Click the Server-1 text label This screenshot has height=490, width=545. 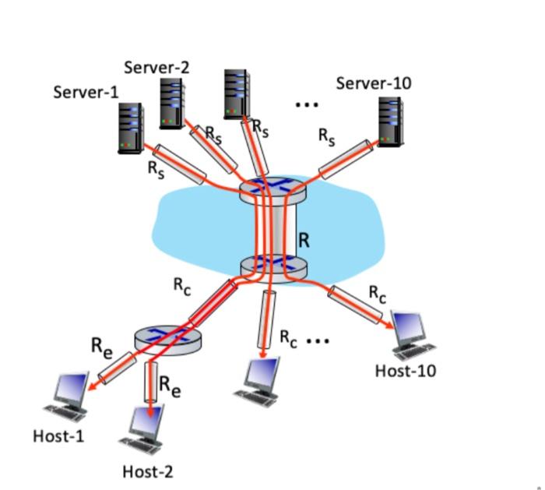pyautogui.click(x=86, y=92)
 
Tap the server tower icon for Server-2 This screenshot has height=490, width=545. pyautogui.click(x=172, y=103)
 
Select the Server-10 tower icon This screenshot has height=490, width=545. pyautogui.click(x=390, y=121)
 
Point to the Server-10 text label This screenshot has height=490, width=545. pyautogui.click(x=374, y=83)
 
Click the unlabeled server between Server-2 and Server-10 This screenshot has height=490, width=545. pyautogui.click(x=237, y=93)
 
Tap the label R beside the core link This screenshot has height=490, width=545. pyautogui.click(x=304, y=241)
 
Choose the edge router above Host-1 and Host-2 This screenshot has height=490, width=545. pyautogui.click(x=167, y=337)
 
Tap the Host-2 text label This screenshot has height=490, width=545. pyautogui.click(x=148, y=471)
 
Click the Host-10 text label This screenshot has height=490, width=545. pyautogui.click(x=406, y=370)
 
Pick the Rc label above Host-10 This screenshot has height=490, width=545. pyautogui.click(x=378, y=294)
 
